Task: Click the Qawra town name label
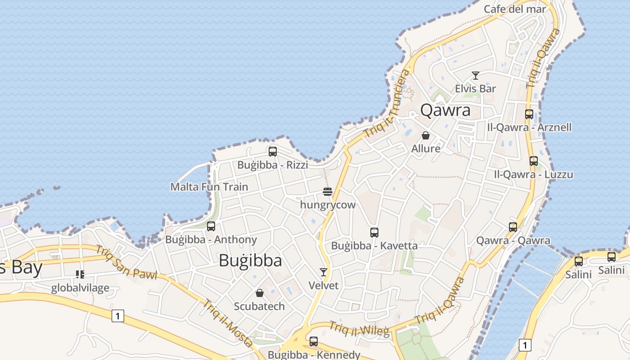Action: pos(445,110)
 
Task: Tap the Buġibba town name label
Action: pos(250,261)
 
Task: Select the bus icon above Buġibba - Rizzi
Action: pos(273,152)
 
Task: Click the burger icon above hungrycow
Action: pos(328,192)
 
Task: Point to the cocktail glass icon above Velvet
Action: pos(323,272)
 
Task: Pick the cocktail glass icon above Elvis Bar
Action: pos(475,75)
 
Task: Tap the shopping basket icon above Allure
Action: pos(426,135)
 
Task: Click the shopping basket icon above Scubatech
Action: pos(259,293)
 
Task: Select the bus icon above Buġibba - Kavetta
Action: pos(374,233)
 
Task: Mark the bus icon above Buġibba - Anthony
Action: pos(211,226)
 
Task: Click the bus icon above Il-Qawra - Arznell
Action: pos(529,114)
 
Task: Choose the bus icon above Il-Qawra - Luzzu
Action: pos(534,161)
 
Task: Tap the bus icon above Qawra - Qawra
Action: pos(513,227)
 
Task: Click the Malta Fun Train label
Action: pos(209,187)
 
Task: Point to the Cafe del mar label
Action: pos(515,9)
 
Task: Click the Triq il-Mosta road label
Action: pos(228,323)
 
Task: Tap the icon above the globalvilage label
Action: pos(80,274)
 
